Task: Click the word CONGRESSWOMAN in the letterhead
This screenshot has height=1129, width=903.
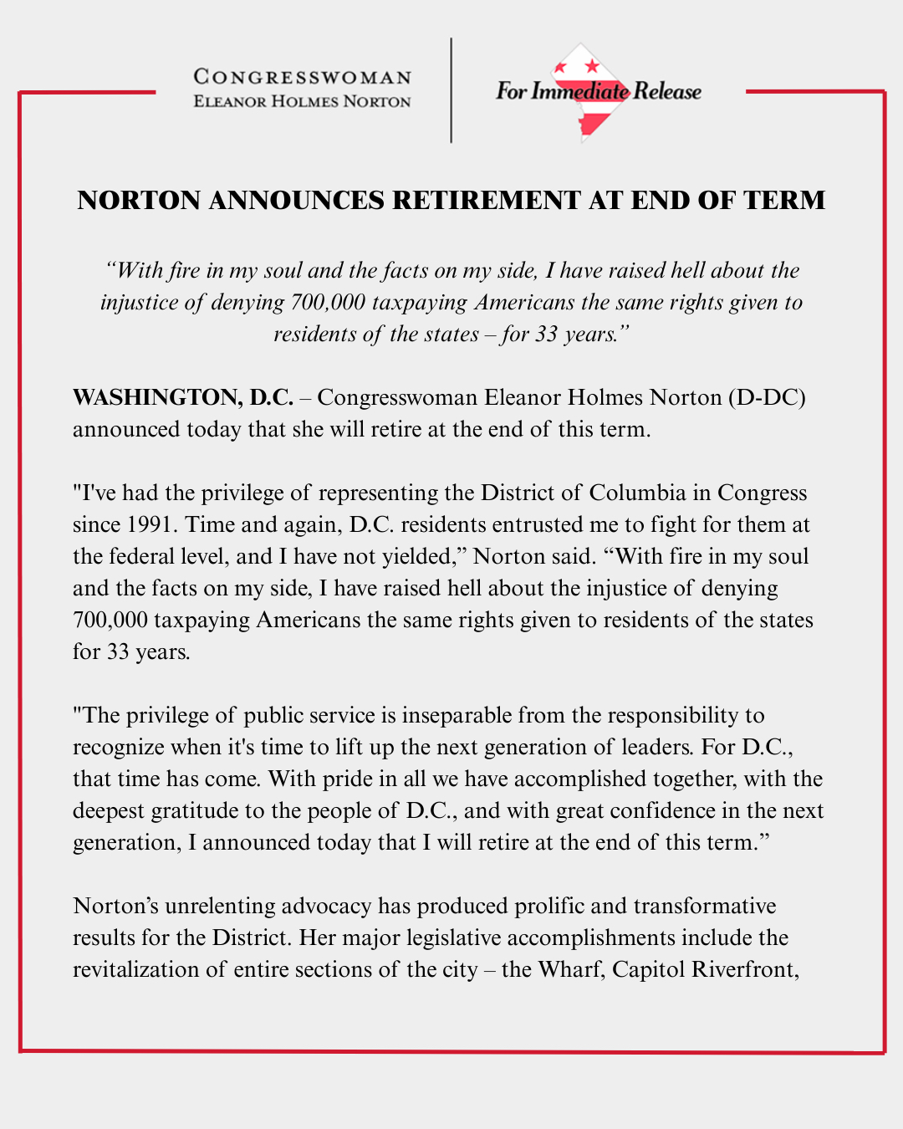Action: (x=302, y=77)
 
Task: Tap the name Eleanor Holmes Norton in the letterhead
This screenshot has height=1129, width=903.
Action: (x=302, y=102)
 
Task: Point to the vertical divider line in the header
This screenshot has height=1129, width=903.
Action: (x=451, y=90)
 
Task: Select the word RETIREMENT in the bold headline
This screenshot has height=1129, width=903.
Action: (x=489, y=201)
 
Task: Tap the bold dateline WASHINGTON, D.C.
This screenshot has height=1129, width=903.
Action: (x=182, y=397)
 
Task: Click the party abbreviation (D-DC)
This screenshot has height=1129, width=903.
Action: (x=766, y=397)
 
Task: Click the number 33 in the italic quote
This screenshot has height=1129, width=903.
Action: (x=546, y=335)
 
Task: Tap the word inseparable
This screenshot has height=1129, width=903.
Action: (x=457, y=716)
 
